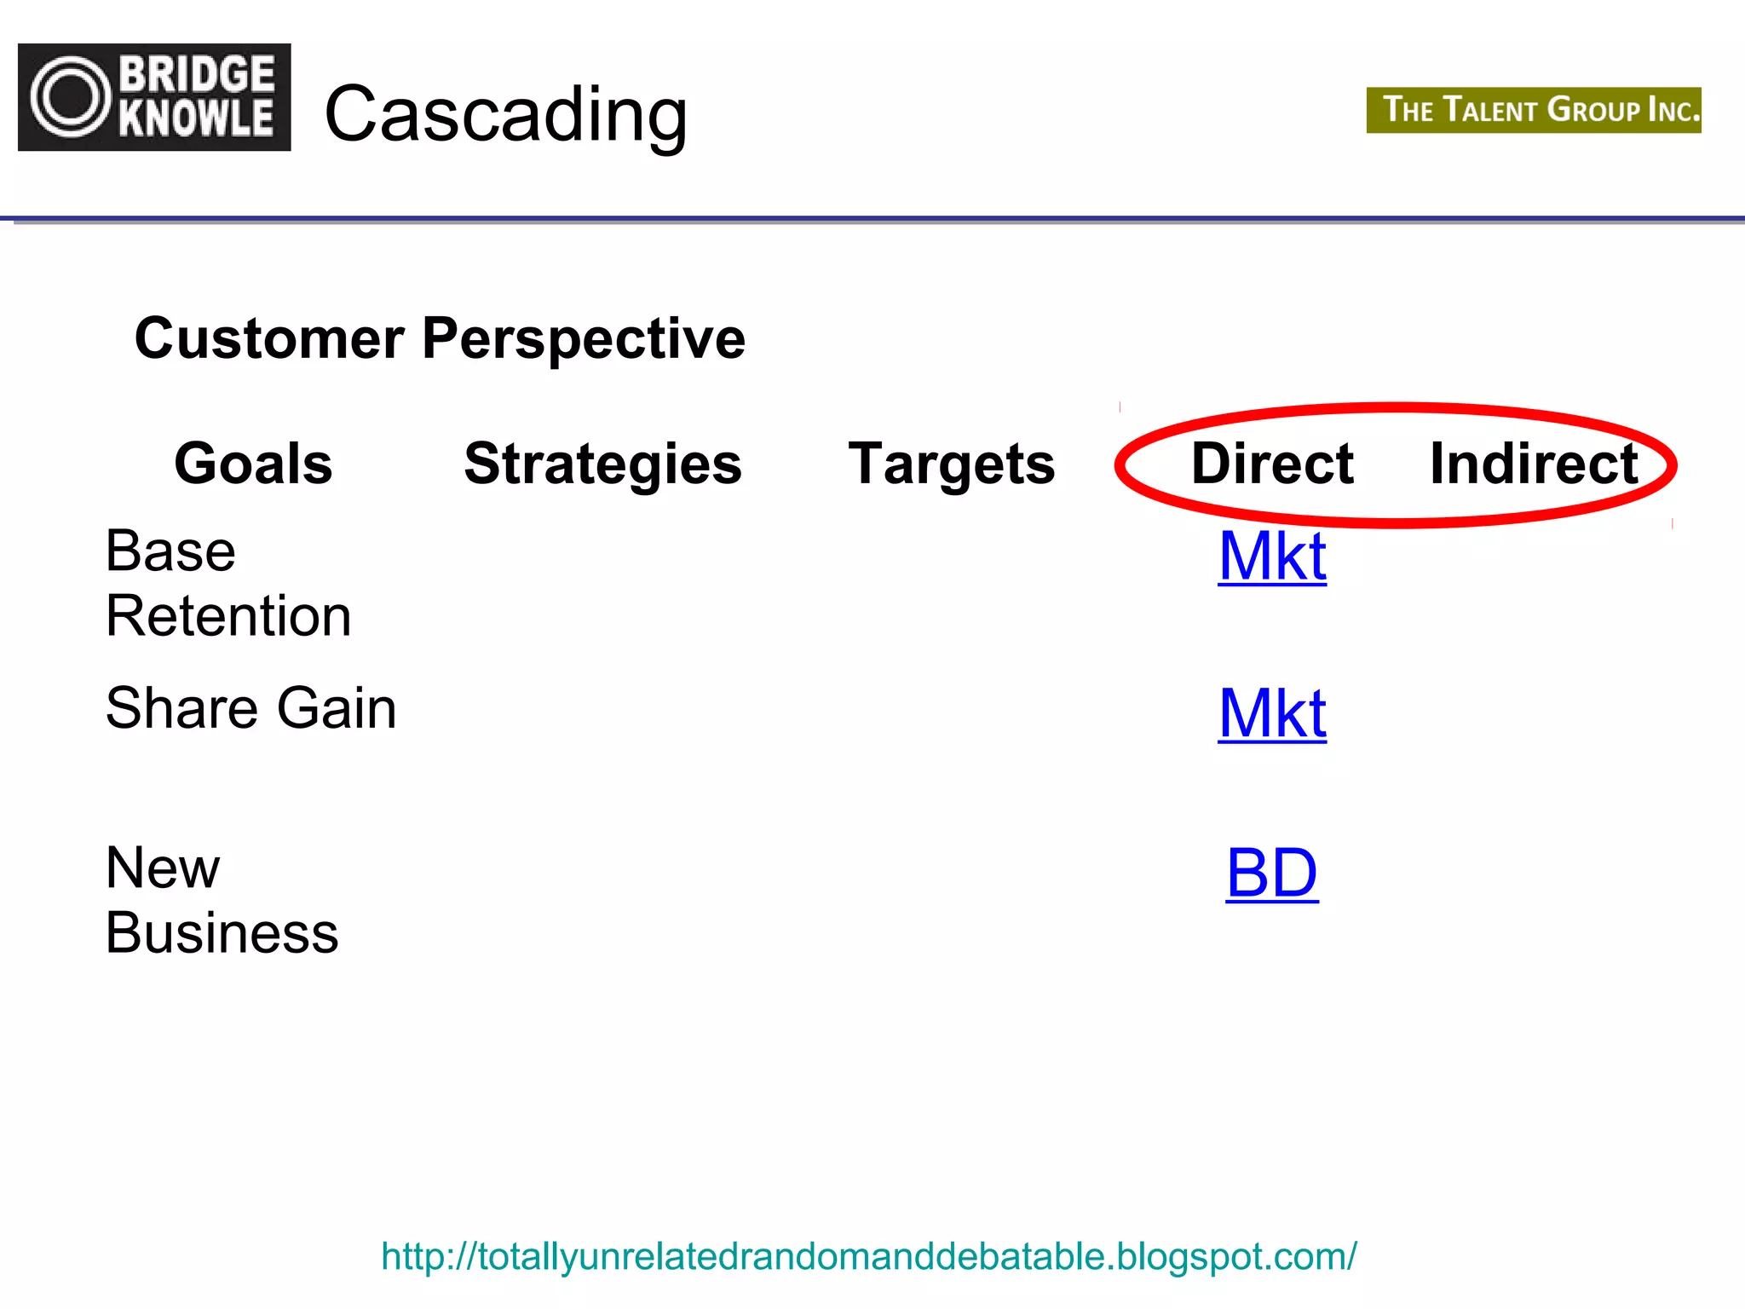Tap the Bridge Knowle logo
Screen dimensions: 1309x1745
(154, 97)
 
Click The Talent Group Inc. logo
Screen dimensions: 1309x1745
(1533, 110)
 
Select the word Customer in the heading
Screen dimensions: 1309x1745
(269, 338)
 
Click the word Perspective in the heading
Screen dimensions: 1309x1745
(584, 338)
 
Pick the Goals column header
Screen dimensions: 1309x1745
(253, 464)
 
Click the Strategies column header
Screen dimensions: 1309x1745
(602, 464)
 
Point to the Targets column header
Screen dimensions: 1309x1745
(951, 464)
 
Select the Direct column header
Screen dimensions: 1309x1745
(1271, 464)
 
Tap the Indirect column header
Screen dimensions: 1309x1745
(1533, 464)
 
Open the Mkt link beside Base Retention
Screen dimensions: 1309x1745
(1271, 556)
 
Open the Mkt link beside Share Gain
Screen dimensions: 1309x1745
(1271, 713)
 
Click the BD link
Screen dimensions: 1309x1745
(1271, 873)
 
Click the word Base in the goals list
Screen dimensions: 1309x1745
(170, 551)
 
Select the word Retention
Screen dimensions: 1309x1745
(227, 616)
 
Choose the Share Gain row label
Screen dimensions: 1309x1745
(251, 708)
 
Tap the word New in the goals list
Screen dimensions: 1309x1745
(162, 868)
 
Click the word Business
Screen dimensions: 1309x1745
(222, 933)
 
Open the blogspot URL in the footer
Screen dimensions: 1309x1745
(868, 1256)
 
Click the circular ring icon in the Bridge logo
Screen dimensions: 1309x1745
(72, 97)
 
